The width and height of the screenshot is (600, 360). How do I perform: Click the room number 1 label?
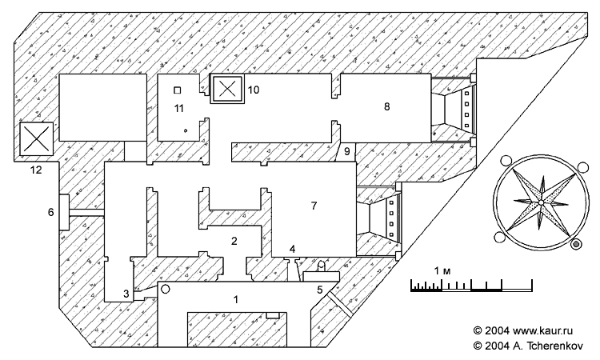click(x=236, y=299)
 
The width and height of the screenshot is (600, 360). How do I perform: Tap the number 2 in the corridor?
click(x=234, y=241)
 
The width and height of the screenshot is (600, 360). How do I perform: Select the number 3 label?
click(x=126, y=294)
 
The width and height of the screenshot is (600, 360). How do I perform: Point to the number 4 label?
click(x=292, y=250)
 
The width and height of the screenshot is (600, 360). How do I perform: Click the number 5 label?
click(x=320, y=290)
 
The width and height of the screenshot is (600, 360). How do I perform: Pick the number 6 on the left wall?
click(x=51, y=211)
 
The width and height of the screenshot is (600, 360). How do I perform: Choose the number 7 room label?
click(x=314, y=206)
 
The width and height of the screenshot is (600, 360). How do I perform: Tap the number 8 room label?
click(x=387, y=106)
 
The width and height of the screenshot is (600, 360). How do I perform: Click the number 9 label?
click(x=347, y=151)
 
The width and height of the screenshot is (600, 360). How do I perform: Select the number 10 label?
click(x=254, y=90)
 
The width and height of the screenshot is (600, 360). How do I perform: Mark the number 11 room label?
click(x=179, y=109)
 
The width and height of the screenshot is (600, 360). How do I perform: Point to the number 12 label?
click(x=36, y=170)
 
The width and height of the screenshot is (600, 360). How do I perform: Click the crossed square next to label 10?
click(x=228, y=89)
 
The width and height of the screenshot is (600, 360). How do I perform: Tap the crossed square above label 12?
click(x=36, y=138)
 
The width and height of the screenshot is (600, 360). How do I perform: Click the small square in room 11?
click(x=177, y=90)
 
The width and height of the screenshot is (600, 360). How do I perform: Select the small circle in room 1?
click(x=165, y=290)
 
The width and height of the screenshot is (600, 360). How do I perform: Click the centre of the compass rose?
click(x=541, y=202)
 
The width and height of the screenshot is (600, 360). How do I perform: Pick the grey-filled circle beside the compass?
click(x=577, y=244)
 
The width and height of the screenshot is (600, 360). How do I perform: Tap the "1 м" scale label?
click(x=442, y=271)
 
